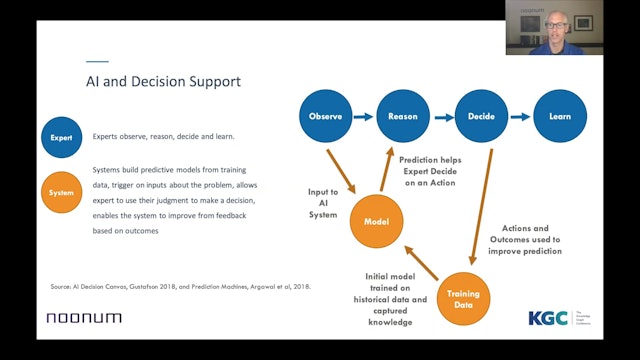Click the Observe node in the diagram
point(327,116)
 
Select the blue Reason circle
point(402,116)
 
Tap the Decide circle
point(480,116)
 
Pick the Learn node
point(559,116)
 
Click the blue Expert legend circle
point(62,137)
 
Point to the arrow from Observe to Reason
point(364,116)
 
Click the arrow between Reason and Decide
point(441,116)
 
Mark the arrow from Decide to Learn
point(519,116)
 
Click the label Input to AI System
point(322,205)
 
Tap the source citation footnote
point(180,287)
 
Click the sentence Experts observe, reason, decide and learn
point(163,137)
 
